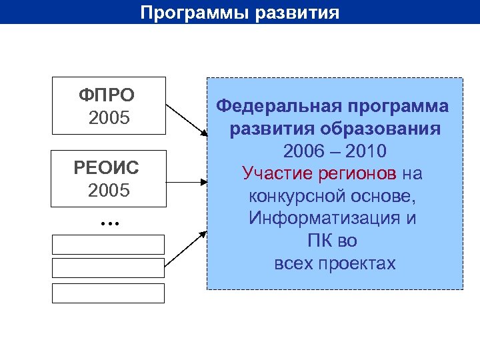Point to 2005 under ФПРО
pyautogui.click(x=108, y=119)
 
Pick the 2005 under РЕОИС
pyautogui.click(x=108, y=191)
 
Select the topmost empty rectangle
pyautogui.click(x=108, y=245)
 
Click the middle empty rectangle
pyautogui.click(x=108, y=268)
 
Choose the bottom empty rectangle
pyautogui.click(x=108, y=293)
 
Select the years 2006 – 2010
pyautogui.click(x=335, y=151)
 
